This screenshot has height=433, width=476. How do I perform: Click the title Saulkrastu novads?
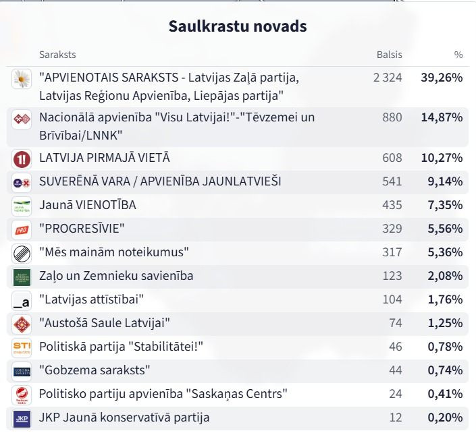(238, 26)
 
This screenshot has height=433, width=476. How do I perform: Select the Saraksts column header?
(57, 55)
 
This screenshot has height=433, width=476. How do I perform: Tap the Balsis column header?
(389, 55)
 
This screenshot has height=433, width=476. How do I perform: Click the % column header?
(458, 55)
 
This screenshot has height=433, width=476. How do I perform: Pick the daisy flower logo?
(22, 79)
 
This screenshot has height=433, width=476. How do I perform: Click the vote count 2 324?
(388, 78)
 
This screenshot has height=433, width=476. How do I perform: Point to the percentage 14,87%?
(442, 117)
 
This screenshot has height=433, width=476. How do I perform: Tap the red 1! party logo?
(22, 159)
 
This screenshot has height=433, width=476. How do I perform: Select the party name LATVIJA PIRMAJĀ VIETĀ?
(105, 158)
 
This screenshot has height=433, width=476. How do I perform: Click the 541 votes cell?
(392, 181)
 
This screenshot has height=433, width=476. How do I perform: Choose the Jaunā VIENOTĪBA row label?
(87, 205)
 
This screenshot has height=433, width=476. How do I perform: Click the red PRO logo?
(22, 230)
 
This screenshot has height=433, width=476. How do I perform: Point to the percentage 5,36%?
(446, 252)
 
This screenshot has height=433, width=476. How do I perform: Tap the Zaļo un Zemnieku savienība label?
(116, 276)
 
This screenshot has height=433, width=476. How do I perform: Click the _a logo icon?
(22, 301)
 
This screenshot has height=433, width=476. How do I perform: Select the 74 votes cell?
(396, 323)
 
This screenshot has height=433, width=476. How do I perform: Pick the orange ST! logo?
(22, 348)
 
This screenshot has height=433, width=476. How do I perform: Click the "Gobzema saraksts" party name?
(95, 370)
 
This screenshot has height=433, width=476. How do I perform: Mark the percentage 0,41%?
(446, 394)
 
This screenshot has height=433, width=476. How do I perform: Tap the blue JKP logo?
(22, 419)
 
